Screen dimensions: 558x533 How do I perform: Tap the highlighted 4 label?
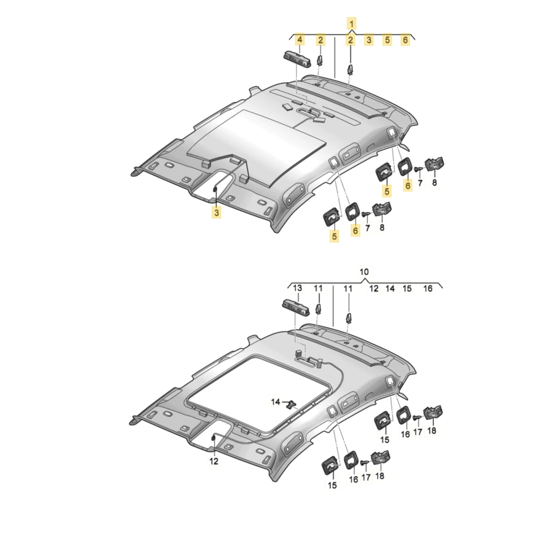(x=299, y=40)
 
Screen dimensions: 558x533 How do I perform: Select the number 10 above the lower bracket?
(x=364, y=271)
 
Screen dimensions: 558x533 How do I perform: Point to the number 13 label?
(x=297, y=288)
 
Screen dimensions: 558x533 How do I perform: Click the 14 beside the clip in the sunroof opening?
(x=275, y=402)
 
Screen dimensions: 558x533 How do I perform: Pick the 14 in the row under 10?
(x=390, y=288)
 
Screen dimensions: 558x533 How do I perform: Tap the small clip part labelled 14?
(x=292, y=404)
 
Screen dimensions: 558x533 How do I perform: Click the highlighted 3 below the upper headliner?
(x=217, y=213)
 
